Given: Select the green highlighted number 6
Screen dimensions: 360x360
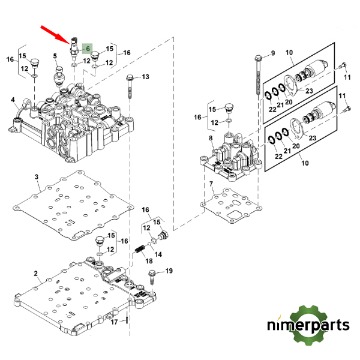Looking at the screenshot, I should coord(87,49).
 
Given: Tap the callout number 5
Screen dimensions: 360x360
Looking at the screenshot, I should coord(55,56).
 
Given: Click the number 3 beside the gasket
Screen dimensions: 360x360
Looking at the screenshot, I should coord(36,177).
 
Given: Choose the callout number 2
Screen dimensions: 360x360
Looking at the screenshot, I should coord(36,274).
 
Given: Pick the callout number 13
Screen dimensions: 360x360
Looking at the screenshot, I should coord(145,77).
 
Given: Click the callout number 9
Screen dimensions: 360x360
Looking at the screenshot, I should coord(272,53).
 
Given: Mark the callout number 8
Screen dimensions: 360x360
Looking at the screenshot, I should coord(211,139).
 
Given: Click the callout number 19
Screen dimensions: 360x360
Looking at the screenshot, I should coord(169,271).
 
